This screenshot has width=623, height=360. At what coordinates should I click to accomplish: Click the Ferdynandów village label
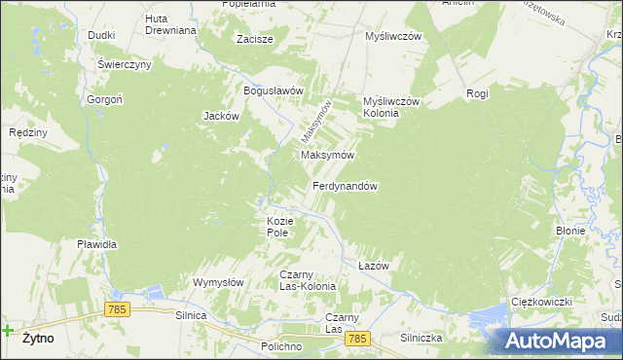click(345, 186)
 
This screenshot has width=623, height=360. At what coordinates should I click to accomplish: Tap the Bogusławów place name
click(275, 90)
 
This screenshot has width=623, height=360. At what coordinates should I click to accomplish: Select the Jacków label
click(221, 116)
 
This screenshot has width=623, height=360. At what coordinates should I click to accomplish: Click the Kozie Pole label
click(279, 227)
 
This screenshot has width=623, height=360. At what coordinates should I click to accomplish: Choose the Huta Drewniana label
click(170, 24)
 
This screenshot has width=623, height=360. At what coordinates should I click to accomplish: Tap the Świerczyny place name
click(124, 64)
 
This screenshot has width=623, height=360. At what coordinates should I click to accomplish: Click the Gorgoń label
click(102, 100)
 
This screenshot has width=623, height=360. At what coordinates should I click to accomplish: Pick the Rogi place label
click(477, 93)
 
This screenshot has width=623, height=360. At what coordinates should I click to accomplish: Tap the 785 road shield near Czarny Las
click(357, 338)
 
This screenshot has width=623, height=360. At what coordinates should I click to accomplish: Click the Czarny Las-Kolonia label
click(308, 280)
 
